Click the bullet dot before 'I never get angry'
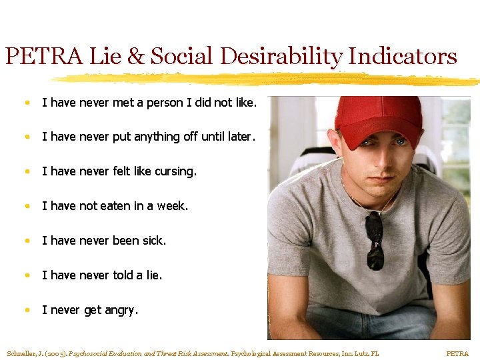(26, 310)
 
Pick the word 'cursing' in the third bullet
(175, 171)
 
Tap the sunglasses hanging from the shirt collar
(375, 240)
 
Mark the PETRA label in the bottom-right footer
(457, 353)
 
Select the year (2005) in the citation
(55, 353)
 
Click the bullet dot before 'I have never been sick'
(26, 241)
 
